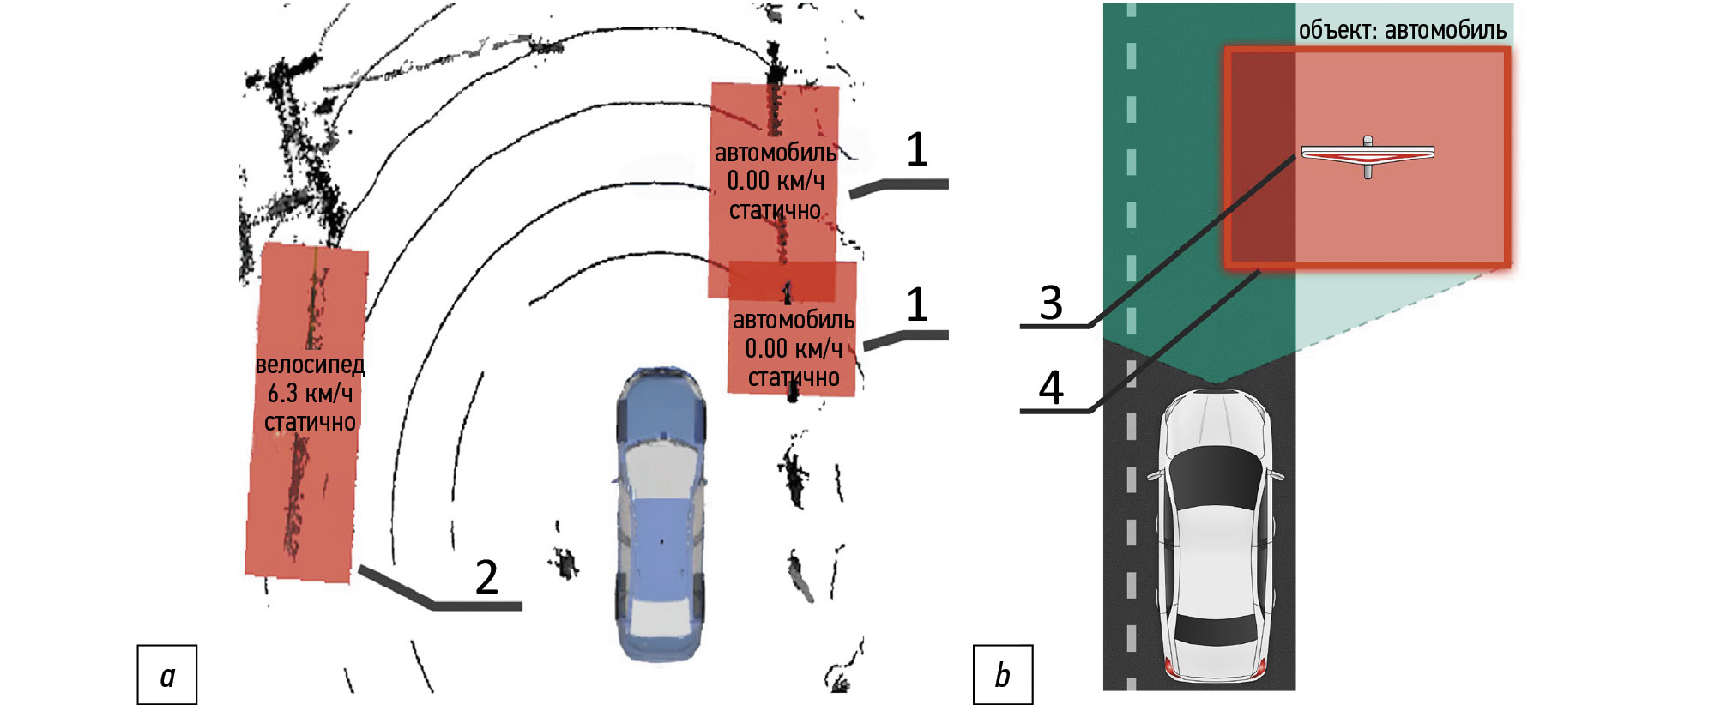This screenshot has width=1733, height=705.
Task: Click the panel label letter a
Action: click(x=167, y=677)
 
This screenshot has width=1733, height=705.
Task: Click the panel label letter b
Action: click(x=1002, y=676)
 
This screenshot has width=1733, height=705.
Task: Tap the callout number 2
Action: click(x=486, y=577)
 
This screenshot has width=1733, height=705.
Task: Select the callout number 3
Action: click(x=1051, y=303)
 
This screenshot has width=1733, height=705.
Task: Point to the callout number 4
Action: click(x=1051, y=387)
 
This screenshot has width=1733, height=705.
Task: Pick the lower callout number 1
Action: click(x=917, y=304)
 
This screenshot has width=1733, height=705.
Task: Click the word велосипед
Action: click(x=310, y=365)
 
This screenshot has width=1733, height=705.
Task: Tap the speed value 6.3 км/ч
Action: click(x=310, y=394)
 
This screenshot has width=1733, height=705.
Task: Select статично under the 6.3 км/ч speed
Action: click(x=310, y=422)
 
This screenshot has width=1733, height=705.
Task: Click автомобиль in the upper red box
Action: click(x=776, y=153)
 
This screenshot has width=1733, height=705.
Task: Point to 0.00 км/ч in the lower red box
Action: click(x=794, y=348)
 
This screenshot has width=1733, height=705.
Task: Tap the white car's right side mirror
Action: click(x=1276, y=474)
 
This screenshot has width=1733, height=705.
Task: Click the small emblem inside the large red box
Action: click(x=1368, y=155)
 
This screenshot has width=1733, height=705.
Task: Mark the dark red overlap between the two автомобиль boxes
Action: click(x=782, y=280)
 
